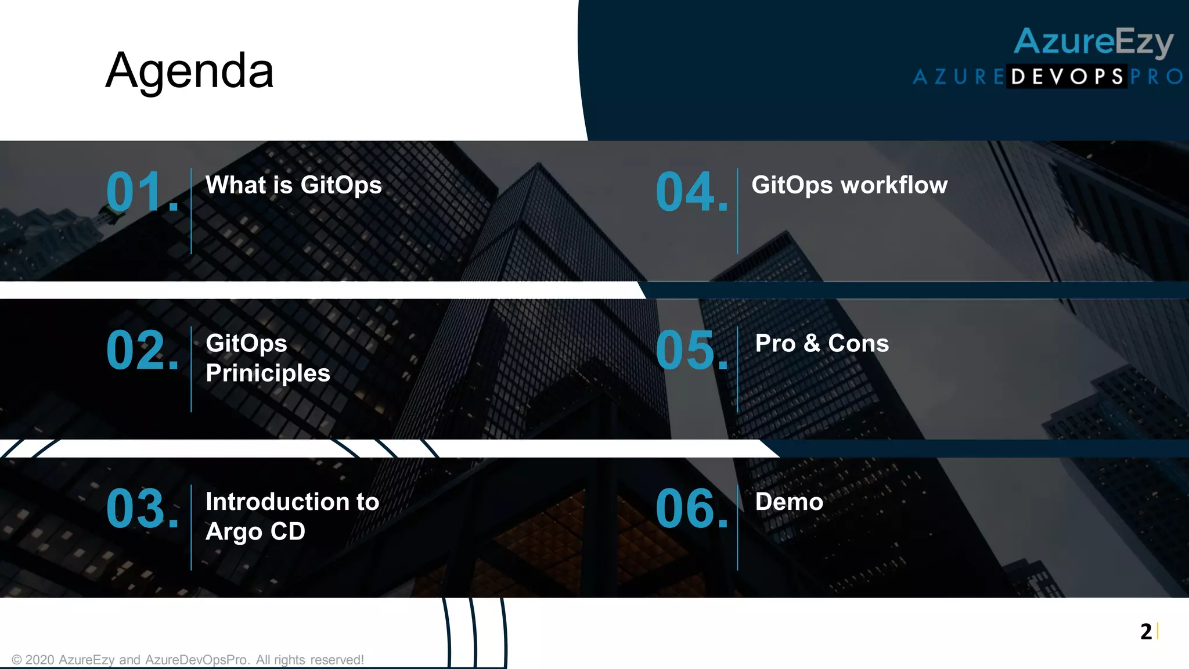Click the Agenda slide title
tap(189, 71)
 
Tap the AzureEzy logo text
tap(1093, 42)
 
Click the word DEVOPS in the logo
tap(1067, 77)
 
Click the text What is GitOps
tap(294, 185)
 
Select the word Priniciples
tap(268, 373)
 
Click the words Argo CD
tap(255, 531)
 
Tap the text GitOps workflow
tap(849, 185)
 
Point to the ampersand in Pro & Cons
tap(812, 343)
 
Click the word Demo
tap(789, 502)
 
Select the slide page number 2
tap(1145, 631)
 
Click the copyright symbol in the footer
tap(17, 660)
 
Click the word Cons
tap(858, 343)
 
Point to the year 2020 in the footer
tap(40, 660)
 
